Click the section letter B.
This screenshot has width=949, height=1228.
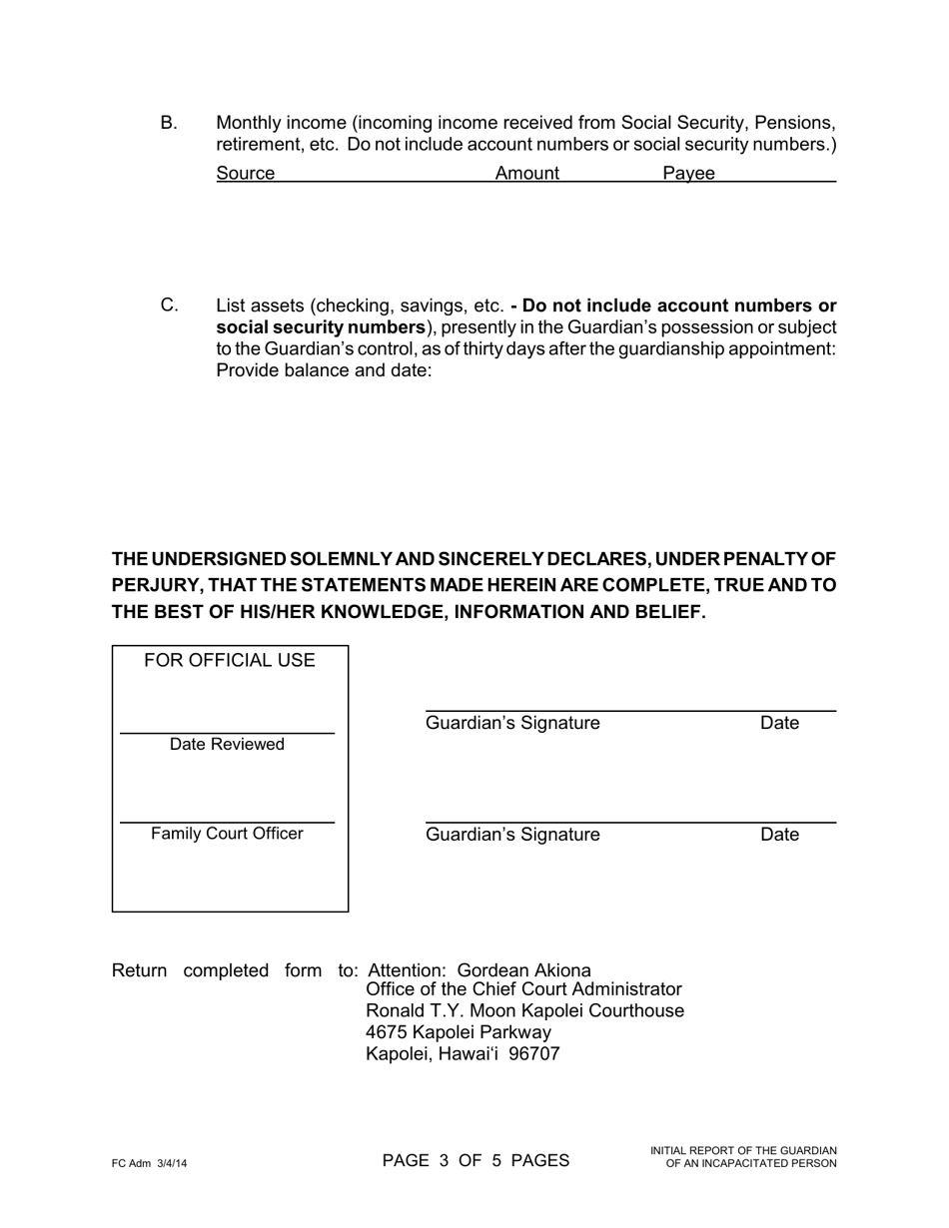169,123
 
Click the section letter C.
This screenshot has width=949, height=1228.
169,306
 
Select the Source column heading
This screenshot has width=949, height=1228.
245,174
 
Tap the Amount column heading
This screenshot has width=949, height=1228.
527,174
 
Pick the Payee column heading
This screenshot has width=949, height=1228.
688,174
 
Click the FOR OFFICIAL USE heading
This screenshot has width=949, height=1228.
230,661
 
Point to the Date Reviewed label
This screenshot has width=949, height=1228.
227,745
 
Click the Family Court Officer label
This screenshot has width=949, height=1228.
227,834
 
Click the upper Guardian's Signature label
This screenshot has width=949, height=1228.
512,723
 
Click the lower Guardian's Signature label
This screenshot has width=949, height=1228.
512,835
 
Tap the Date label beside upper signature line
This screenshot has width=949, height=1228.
779,723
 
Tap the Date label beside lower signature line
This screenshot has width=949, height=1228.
779,835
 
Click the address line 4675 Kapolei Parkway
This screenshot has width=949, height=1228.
459,1032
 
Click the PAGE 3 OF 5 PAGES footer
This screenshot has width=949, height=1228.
475,1160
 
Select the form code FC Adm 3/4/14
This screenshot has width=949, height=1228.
150,1164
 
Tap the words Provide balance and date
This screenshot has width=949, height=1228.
324,370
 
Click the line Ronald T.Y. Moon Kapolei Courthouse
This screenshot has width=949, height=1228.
524,1011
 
